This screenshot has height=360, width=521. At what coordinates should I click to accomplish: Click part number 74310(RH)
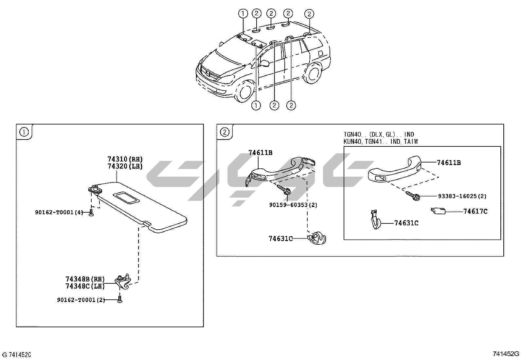[125, 159]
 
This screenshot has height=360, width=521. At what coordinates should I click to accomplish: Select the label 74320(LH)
[125, 166]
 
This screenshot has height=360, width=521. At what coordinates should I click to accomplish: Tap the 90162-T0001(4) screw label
[59, 212]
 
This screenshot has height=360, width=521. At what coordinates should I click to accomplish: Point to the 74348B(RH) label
[85, 279]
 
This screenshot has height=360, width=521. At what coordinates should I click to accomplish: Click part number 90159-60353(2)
[293, 205]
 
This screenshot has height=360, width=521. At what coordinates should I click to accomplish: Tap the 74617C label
[475, 211]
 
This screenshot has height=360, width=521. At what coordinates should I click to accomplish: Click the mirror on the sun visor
[126, 198]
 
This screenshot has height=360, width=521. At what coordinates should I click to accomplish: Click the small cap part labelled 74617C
[438, 211]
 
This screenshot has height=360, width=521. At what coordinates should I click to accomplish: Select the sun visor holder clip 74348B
[123, 282]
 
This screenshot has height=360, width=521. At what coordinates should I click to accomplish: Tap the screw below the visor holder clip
[119, 300]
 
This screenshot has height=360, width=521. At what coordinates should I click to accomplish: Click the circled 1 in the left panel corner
[24, 132]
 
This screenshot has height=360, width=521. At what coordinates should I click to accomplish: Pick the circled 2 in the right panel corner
[225, 132]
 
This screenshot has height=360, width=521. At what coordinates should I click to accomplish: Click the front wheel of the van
[245, 91]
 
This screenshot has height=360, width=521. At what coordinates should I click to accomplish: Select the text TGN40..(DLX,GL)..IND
[379, 135]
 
